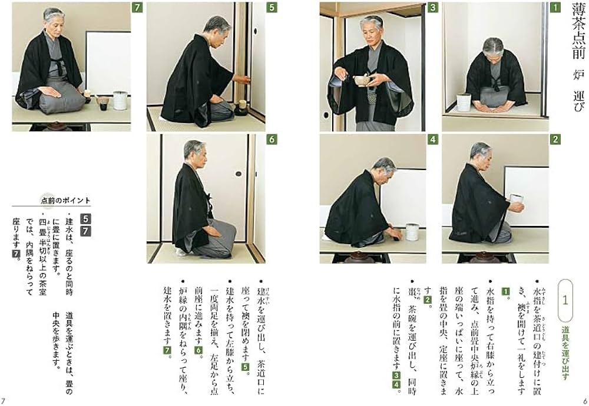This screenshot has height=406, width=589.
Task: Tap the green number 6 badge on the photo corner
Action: (x=271, y=139)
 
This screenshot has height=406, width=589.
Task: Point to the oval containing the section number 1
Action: (x=565, y=301)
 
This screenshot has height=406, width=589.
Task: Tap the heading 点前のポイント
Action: (x=66, y=200)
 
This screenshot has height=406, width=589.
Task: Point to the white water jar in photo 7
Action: (x=120, y=100)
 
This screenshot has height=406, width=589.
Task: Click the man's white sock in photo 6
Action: (x=180, y=251)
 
